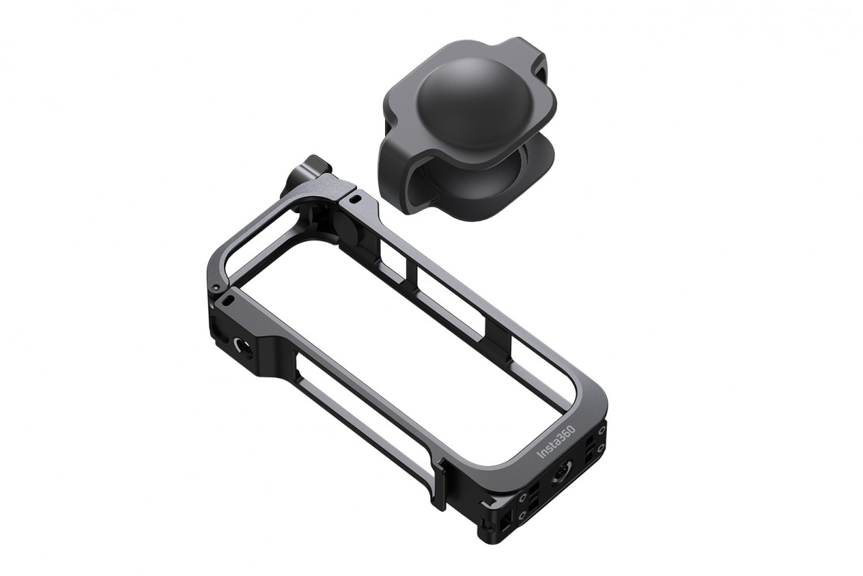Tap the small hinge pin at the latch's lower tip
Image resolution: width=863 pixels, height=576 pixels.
tap(216, 288)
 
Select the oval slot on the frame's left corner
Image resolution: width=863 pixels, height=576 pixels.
tap(228, 300)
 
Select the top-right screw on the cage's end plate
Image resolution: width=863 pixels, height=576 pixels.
tap(601, 428)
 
